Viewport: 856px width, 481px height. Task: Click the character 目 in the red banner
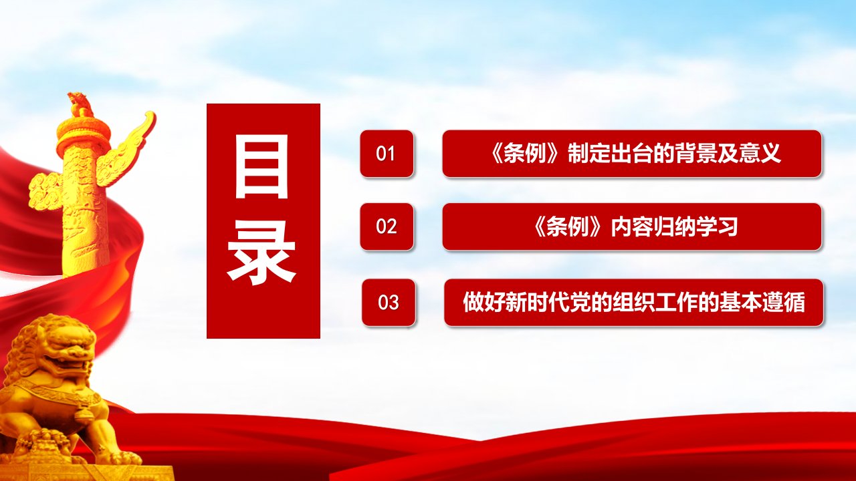[261, 167]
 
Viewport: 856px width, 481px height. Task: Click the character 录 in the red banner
[261, 251]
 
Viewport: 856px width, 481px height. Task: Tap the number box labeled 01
[387, 154]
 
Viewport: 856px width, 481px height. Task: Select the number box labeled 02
[387, 226]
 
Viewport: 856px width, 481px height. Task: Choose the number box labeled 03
[389, 303]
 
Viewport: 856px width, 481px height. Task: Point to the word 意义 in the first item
[760, 154]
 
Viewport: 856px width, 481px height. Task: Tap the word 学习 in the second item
[717, 226]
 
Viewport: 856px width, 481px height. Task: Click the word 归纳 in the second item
[675, 226]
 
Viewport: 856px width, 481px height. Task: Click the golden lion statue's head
[58, 347]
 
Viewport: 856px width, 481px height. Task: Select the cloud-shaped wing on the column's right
[126, 149]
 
